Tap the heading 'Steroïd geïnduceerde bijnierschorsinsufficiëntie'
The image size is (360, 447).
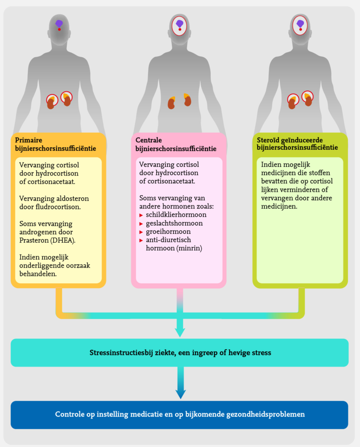(297, 144)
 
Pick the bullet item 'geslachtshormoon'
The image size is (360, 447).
(175, 223)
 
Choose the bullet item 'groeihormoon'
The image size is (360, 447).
(168, 231)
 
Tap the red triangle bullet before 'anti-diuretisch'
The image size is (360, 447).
(141, 240)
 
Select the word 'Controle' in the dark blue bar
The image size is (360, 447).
(69, 414)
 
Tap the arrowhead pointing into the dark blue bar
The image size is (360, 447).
(179, 394)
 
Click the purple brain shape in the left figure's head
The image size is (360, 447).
(59, 24)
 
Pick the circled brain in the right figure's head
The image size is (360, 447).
(300, 24)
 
